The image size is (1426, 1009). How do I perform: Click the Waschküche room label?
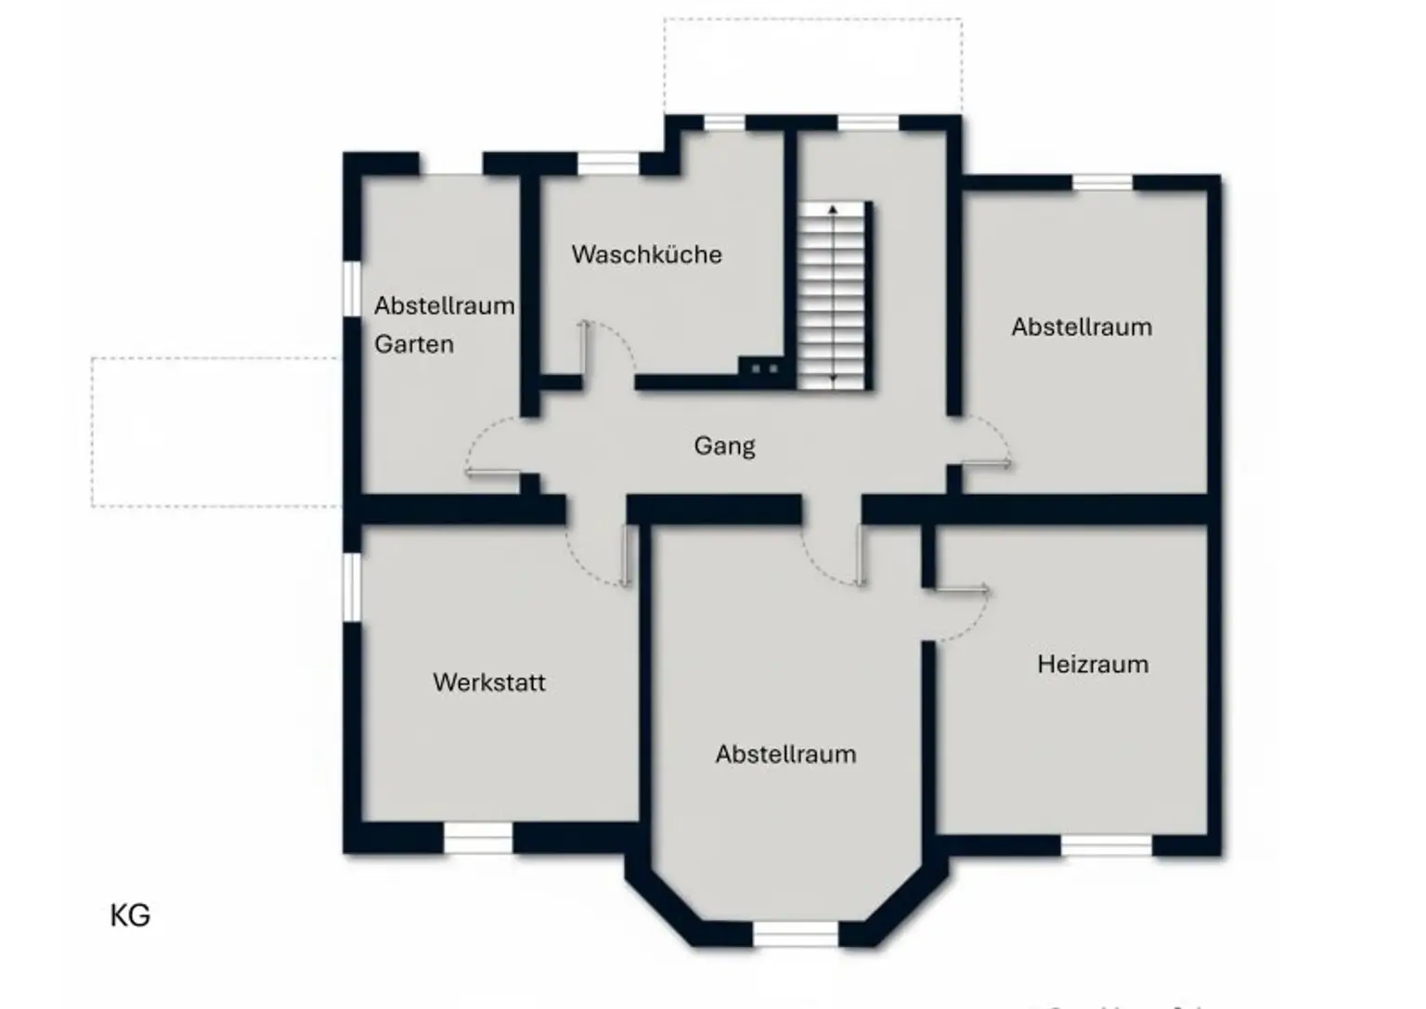(646, 254)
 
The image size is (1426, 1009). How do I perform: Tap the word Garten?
(414, 344)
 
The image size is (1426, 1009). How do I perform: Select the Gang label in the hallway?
(724, 446)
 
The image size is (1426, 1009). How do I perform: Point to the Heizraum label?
(1093, 665)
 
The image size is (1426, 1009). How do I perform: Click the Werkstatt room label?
(489, 682)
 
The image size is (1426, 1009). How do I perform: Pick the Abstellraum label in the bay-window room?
(785, 754)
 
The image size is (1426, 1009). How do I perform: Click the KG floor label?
(130, 915)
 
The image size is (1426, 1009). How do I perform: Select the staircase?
(834, 295)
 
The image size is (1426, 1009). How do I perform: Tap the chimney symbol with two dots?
(764, 369)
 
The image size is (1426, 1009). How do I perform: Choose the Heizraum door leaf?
(960, 589)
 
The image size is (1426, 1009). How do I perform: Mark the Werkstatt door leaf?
(626, 556)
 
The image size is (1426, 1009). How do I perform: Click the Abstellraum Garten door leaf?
(493, 474)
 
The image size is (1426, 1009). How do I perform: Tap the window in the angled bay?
(796, 934)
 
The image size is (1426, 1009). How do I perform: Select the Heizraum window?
(1106, 845)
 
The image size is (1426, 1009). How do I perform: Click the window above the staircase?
(868, 123)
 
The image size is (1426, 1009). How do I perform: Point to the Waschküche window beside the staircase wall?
(724, 123)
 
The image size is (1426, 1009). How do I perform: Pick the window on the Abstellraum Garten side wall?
(352, 289)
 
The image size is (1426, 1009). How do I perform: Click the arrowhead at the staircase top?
(833, 210)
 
